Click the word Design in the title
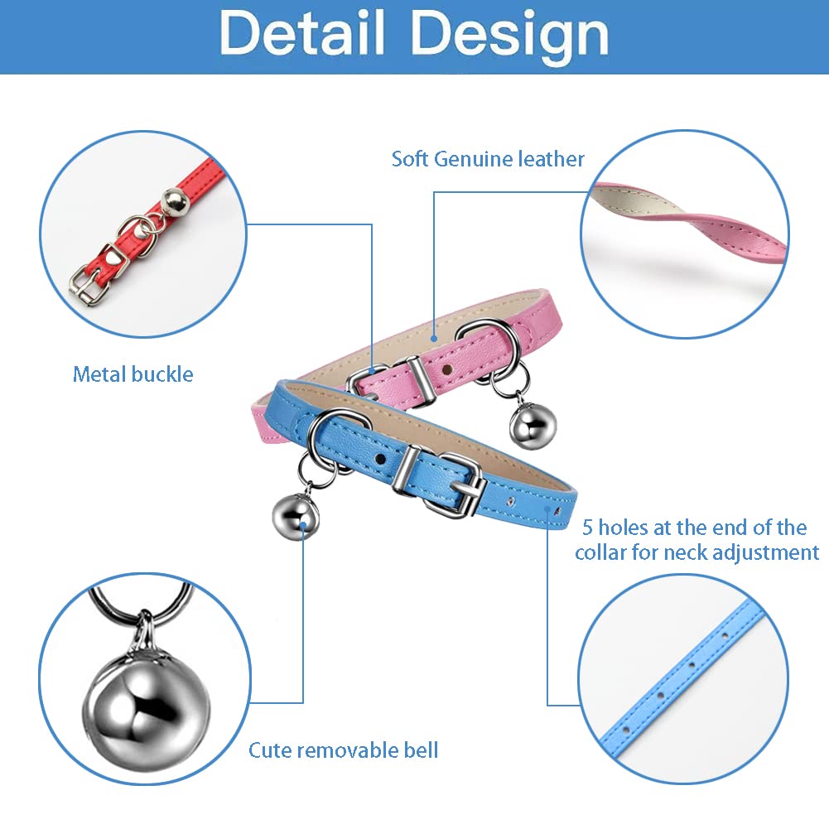click(x=508, y=35)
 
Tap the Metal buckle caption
click(x=133, y=374)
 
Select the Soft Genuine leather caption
click(x=488, y=158)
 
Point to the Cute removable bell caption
click(x=343, y=750)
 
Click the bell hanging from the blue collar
click(x=296, y=515)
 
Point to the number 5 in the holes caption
click(x=587, y=527)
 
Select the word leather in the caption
click(x=550, y=158)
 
